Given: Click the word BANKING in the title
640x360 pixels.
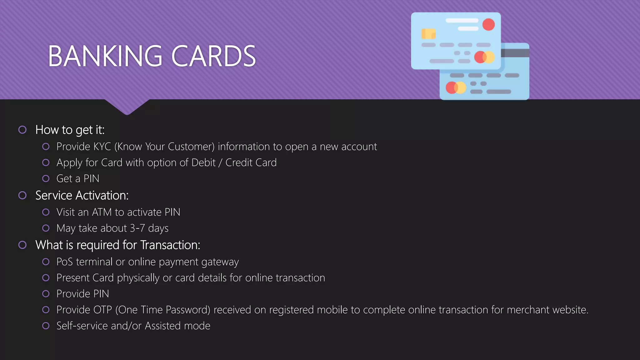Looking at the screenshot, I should coord(105,56).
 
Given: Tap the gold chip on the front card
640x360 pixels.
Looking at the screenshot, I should coord(428,33).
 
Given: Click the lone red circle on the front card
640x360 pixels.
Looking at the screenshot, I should coord(488,24).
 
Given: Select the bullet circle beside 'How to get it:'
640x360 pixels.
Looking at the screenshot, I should coord(22,130).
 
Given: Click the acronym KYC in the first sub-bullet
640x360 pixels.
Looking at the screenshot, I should coord(102,147).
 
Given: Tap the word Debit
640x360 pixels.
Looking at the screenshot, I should coord(203,162).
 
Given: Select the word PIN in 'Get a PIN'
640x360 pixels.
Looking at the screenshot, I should coord(91,179).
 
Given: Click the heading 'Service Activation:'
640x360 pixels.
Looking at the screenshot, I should coord(82,195).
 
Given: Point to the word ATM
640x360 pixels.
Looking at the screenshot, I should coord(102,212).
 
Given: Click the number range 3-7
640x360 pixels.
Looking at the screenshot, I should coord(137,228).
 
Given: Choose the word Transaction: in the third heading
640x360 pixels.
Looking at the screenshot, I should coord(170,245).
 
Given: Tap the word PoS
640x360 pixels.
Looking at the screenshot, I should coord(64,262).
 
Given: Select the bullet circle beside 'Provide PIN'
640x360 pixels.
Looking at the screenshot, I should coord(46,294).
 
